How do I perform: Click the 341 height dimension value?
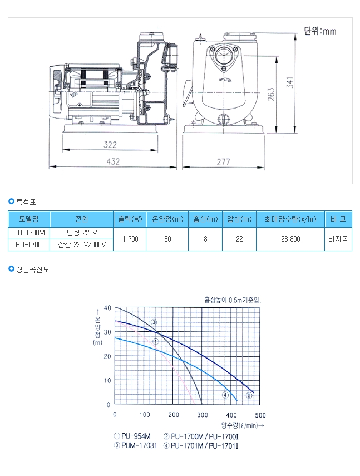[x=290, y=82]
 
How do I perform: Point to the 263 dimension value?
[x=271, y=94]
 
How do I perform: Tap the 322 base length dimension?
[x=110, y=145]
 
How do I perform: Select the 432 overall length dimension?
[x=113, y=161]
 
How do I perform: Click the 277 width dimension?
[x=223, y=162]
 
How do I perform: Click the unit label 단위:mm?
[x=320, y=31]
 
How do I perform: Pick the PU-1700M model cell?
[x=29, y=233]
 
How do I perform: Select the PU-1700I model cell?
[x=29, y=244]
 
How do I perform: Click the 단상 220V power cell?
[x=82, y=233]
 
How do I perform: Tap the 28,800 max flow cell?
[x=290, y=239]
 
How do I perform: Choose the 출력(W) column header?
[x=130, y=219]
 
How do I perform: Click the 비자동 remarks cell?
[x=338, y=239]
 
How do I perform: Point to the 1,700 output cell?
[x=130, y=239]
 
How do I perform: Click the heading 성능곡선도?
[x=32, y=269]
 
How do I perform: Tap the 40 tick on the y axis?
[x=107, y=308]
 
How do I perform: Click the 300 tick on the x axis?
[x=203, y=415]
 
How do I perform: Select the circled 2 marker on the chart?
[x=249, y=395]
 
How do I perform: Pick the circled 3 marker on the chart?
[x=154, y=322]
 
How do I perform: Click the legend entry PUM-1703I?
[x=135, y=446]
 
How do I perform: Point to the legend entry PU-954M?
[x=132, y=436]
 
